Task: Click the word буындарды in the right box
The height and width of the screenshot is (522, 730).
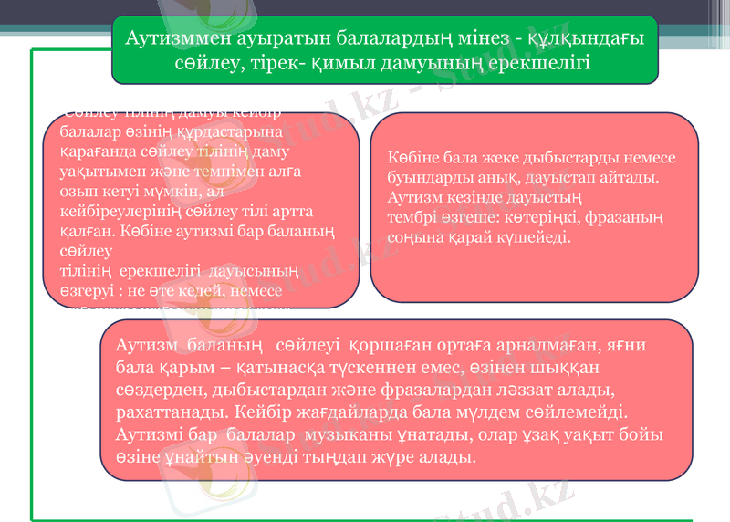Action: pos(422,176)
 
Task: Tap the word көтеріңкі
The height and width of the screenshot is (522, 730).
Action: pos(526,218)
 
